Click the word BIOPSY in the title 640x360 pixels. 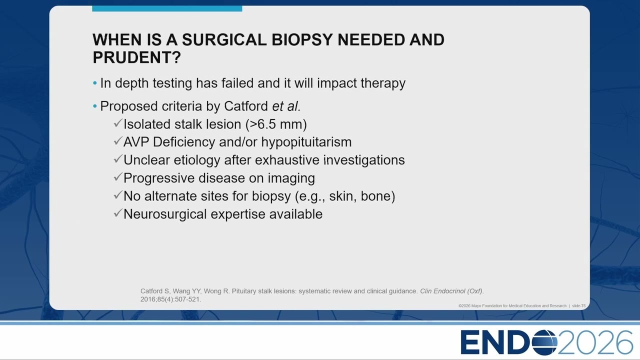pos(301,39)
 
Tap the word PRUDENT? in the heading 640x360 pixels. pos(137,57)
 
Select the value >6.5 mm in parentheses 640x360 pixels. pos(275,124)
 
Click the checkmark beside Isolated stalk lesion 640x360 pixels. pos(118,123)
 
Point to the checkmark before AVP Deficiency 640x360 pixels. pos(118,141)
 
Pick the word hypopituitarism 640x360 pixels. pos(306,142)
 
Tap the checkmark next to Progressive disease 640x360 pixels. pos(118,177)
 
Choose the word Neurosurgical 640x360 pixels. pos(165,214)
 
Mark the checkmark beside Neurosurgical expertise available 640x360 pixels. pos(118,213)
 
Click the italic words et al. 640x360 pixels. pos(286,106)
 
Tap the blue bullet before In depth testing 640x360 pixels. pos(95,83)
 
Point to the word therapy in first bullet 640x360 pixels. pos(383,83)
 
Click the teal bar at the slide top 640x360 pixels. pos(167,8)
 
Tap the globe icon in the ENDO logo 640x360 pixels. pos(544,342)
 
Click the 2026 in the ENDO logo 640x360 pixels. pos(595,342)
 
